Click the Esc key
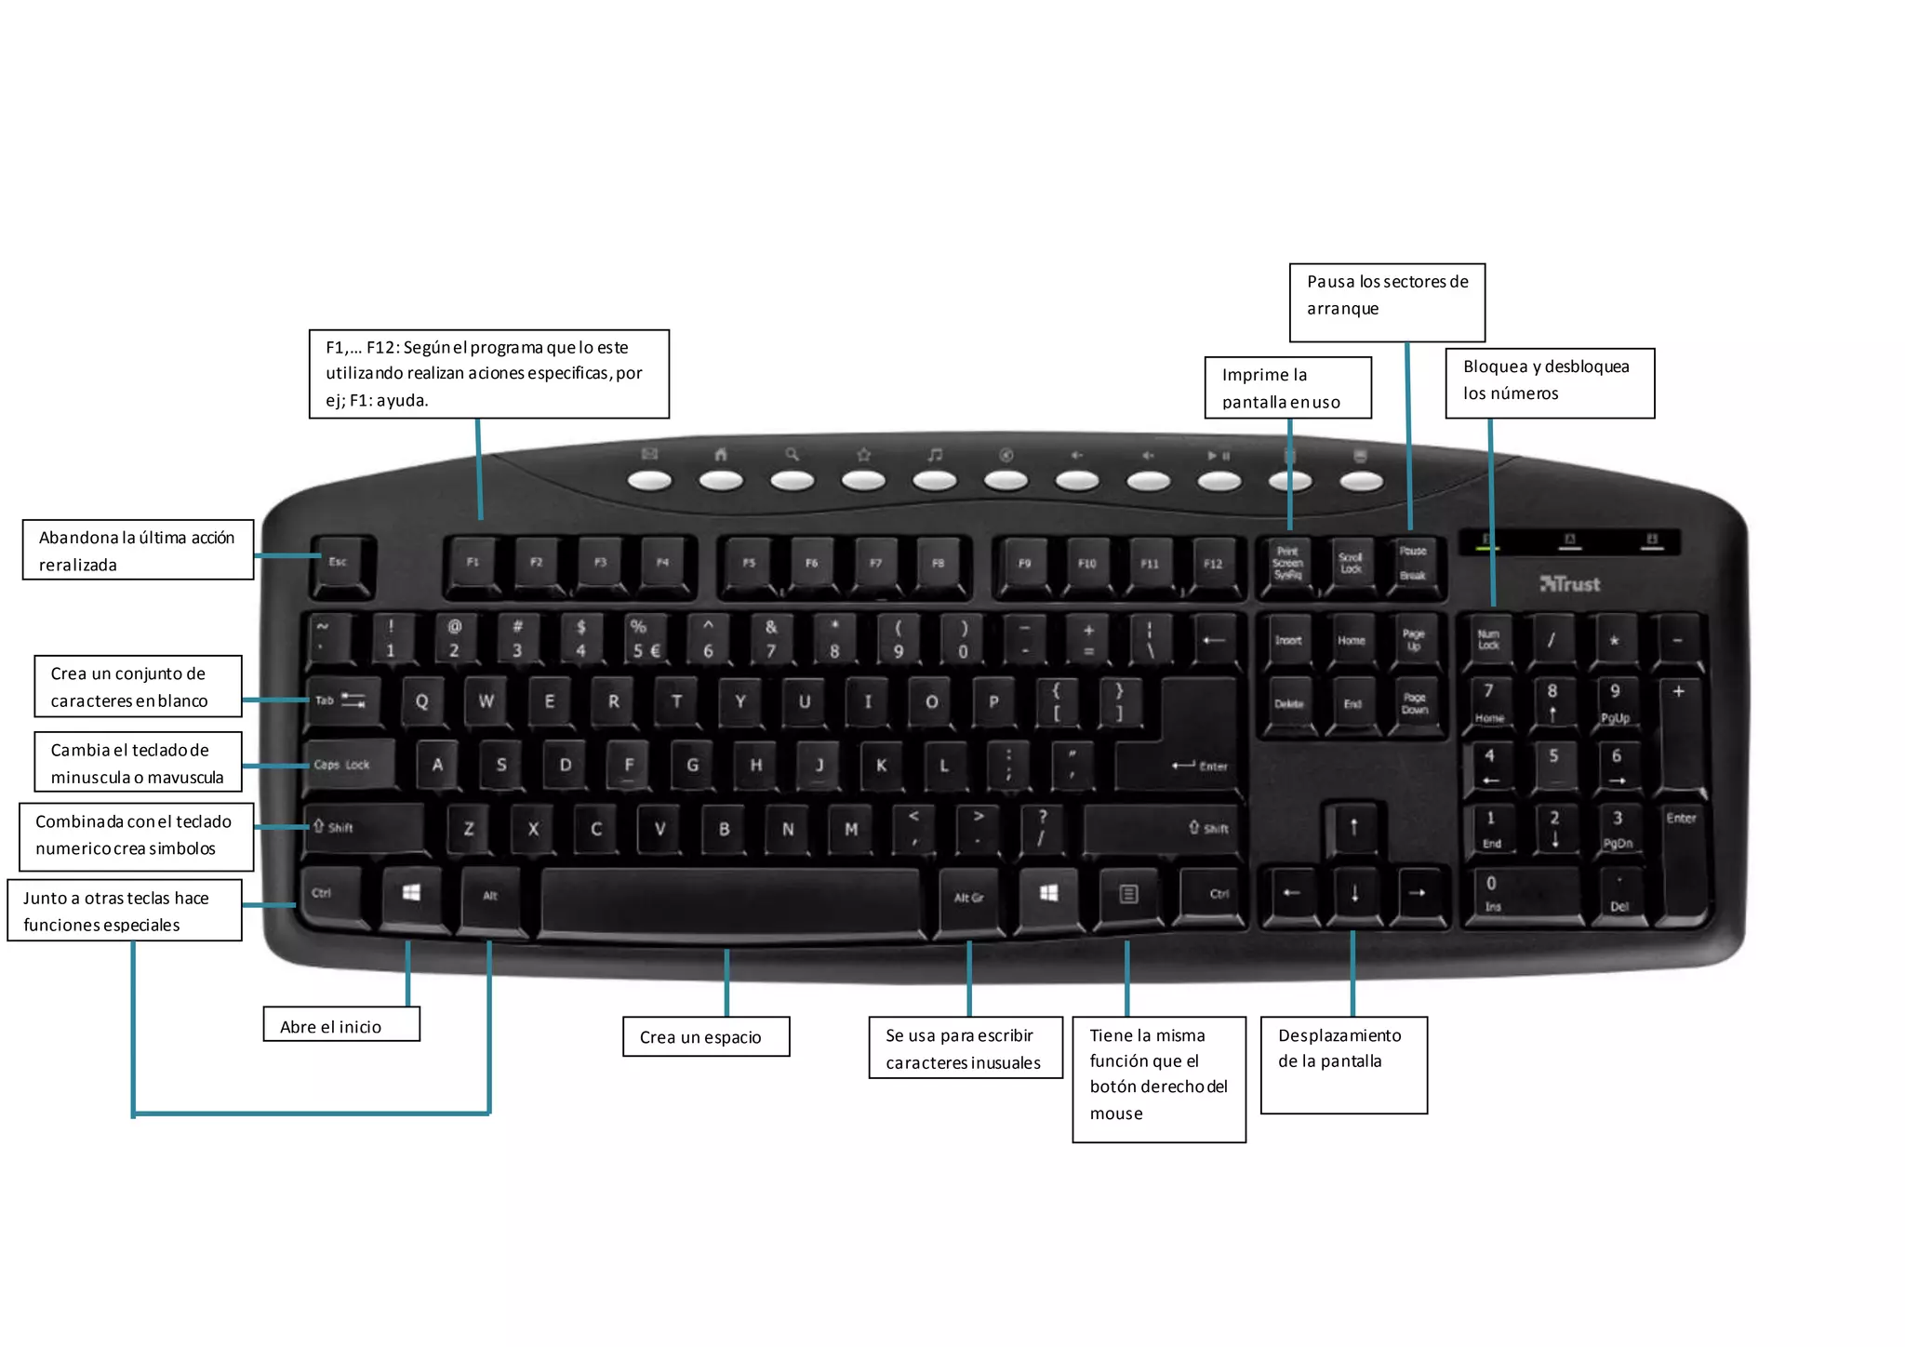pos(340,563)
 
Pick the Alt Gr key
pos(968,898)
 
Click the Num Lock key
pos(1488,640)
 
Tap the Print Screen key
pos(1287,564)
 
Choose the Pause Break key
pos(1413,564)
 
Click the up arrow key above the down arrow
pos(1353,827)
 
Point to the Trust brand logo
pos(1570,584)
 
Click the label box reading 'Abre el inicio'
pos(341,1025)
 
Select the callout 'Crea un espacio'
pos(706,1036)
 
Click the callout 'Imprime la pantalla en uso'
pos(1287,388)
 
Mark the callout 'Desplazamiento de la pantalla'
pos(1343,1064)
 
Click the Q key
pos(422,701)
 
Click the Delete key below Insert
pos(1288,704)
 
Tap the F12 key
pos(1212,564)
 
